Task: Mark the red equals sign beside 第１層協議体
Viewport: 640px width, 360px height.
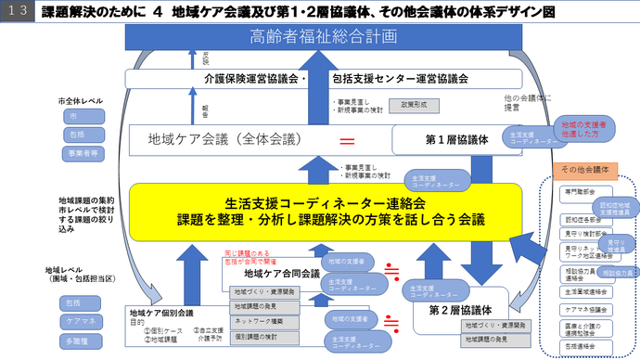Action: click(x=348, y=142)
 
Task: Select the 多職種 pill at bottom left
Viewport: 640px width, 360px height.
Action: click(x=75, y=341)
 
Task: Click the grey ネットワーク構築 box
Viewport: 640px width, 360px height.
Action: click(x=258, y=320)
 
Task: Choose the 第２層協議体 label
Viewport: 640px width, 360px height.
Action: click(x=459, y=310)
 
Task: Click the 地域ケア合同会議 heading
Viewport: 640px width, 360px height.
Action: click(x=281, y=274)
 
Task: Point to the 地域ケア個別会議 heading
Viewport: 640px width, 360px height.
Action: click(x=161, y=313)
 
